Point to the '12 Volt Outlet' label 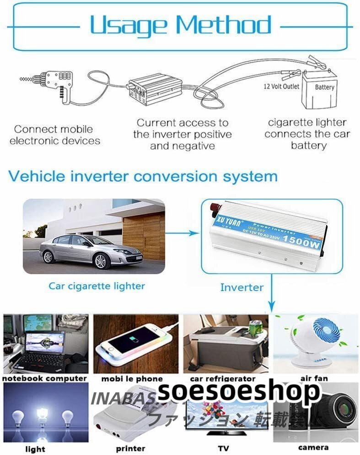(281, 86)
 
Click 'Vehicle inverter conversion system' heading (143, 176)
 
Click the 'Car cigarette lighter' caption (97, 286)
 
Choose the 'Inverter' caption (242, 287)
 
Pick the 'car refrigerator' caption (223, 379)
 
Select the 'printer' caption (130, 449)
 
